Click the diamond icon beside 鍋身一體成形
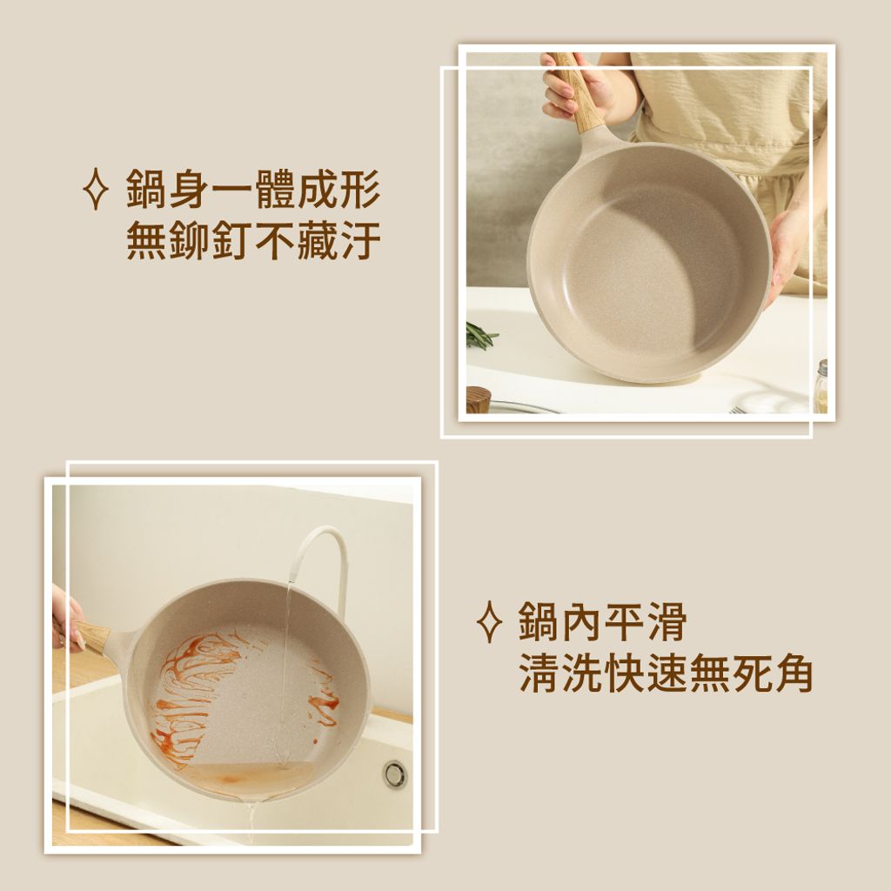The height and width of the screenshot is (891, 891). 95,189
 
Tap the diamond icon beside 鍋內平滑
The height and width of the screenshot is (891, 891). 489,621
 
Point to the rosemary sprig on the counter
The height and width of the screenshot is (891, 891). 480,334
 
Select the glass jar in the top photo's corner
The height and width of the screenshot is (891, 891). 820,386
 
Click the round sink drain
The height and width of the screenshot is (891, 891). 394,774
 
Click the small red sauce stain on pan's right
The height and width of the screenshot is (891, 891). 324,696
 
